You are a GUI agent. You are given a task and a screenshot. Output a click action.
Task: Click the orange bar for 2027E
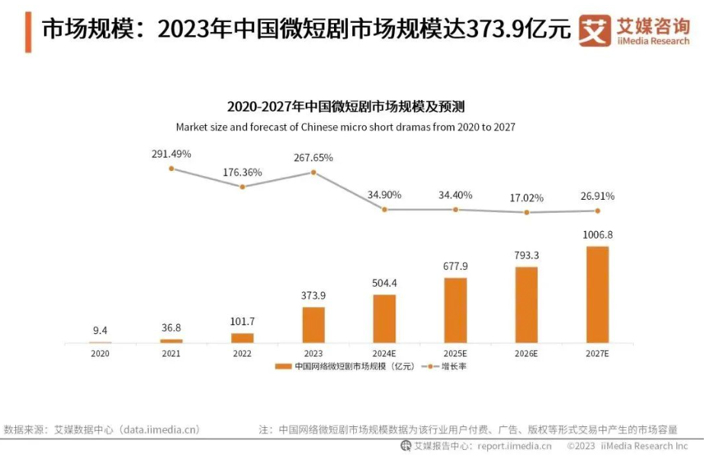click(597, 294)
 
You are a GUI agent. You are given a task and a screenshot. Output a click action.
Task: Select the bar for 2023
click(313, 325)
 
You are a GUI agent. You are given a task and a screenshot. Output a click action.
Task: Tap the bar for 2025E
click(455, 310)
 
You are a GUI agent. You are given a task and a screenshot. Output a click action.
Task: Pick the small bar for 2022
click(242, 338)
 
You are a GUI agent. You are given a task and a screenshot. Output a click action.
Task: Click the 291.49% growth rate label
click(171, 154)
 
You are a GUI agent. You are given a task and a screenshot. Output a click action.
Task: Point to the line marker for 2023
click(313, 172)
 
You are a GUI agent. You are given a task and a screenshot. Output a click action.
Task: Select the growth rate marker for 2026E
click(527, 212)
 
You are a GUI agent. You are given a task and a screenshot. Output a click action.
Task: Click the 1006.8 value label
click(597, 235)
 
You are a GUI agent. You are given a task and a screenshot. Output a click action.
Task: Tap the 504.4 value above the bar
click(384, 283)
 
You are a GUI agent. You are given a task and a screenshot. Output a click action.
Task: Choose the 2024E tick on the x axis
click(384, 354)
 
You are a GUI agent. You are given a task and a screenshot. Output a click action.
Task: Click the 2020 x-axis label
click(100, 354)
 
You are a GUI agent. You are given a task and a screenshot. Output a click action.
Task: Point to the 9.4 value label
click(100, 330)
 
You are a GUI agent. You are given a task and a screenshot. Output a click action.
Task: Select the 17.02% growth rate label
click(527, 198)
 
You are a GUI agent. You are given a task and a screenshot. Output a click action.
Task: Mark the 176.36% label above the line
click(242, 172)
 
